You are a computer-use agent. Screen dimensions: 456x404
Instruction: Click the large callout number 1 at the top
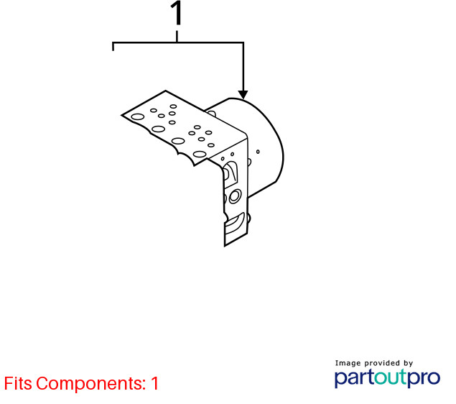pyautogui.click(x=177, y=13)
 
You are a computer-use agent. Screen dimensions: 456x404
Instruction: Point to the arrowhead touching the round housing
pyautogui.click(x=243, y=95)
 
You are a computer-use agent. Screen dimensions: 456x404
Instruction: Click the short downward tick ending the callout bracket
pyautogui.click(x=113, y=47)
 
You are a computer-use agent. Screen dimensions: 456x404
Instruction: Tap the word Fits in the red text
pyautogui.click(x=18, y=383)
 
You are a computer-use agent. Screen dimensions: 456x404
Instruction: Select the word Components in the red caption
pyautogui.click(x=90, y=384)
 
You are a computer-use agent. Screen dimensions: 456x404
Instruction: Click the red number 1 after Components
pyautogui.click(x=154, y=383)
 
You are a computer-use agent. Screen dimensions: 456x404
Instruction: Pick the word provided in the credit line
pyautogui.click(x=382, y=363)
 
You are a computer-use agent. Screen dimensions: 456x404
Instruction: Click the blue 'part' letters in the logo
pyautogui.click(x=355, y=378)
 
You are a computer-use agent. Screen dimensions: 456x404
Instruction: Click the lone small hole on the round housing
pyautogui.click(x=258, y=152)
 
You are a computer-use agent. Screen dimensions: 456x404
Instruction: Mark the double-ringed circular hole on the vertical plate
pyautogui.click(x=235, y=196)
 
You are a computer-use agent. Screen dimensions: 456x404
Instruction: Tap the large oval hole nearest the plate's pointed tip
pyautogui.click(x=138, y=117)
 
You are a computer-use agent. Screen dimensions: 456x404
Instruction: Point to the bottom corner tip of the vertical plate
pyautogui.click(x=225, y=247)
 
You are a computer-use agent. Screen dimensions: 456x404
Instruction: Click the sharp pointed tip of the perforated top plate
pyautogui.click(x=121, y=115)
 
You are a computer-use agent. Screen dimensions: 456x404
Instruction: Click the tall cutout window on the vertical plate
pyautogui.click(x=231, y=174)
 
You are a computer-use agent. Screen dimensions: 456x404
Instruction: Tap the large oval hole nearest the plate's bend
pyautogui.click(x=199, y=155)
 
